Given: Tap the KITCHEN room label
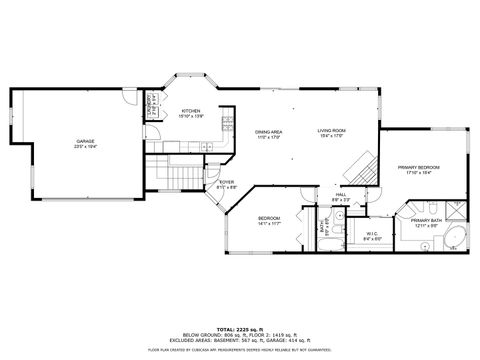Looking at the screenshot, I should click(x=190, y=111).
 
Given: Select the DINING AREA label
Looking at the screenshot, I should click(x=267, y=131).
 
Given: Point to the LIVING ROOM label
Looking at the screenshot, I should click(x=331, y=131).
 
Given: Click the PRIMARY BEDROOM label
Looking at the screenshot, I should click(x=419, y=166).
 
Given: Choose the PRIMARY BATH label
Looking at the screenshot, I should click(x=426, y=222).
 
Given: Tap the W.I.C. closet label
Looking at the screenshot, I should click(x=370, y=233).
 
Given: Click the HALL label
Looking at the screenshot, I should click(x=340, y=195).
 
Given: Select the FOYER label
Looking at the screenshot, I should click(x=227, y=182).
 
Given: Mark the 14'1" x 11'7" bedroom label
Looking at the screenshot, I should click(x=269, y=218).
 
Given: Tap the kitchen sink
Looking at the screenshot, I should click(x=207, y=147).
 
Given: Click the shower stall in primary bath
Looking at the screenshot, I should click(x=453, y=207).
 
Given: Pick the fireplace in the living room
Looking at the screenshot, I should click(x=365, y=166).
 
